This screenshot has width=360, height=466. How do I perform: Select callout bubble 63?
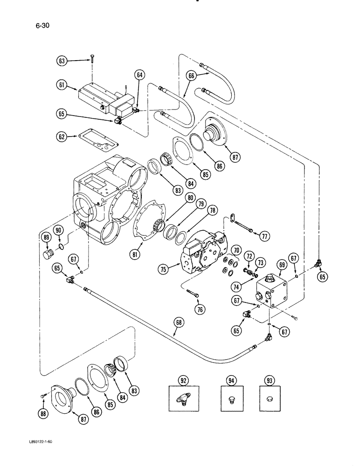click(62, 60)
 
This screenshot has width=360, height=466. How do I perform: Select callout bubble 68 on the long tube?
click(177, 333)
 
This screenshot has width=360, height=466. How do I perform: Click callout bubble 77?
click(265, 236)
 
